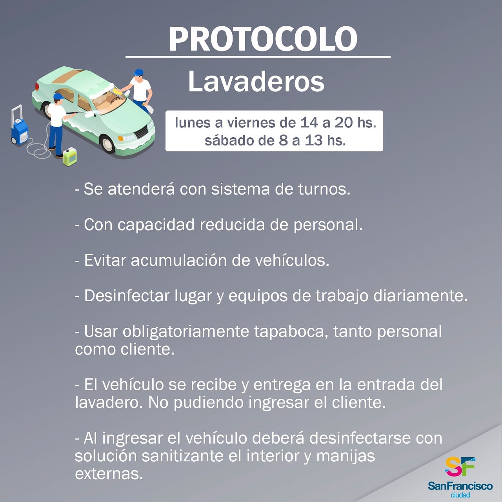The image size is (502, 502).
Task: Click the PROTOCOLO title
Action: coord(263,39)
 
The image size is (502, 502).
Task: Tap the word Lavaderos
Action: coord(256,82)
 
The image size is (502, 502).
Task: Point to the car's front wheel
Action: coord(107,144)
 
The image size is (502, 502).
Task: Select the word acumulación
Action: coord(179,260)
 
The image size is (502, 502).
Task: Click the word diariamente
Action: coord(420,296)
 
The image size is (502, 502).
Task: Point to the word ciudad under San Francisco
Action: coord(460,495)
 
